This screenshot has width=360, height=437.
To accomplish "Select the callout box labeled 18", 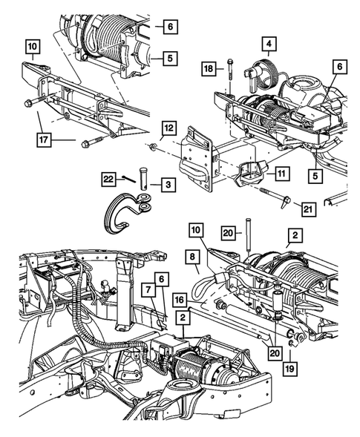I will tap(210, 69).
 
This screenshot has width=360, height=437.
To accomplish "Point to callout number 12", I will tap(169, 127).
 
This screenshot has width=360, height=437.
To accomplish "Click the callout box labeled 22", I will tap(110, 178).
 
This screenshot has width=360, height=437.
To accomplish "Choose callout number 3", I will tap(169, 183).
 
